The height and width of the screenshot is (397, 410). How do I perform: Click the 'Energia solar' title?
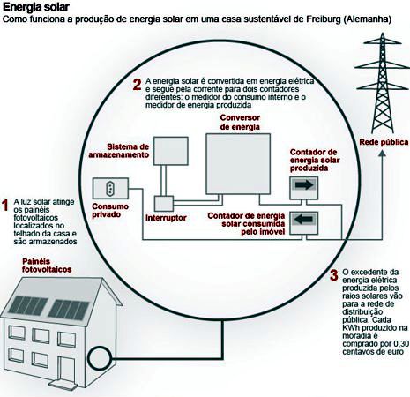[36, 7]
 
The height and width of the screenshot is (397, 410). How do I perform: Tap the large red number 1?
[4, 206]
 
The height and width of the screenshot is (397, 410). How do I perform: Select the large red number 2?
[137, 85]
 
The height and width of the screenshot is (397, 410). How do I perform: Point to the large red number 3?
[334, 275]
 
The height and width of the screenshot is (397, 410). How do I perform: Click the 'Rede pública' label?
[384, 142]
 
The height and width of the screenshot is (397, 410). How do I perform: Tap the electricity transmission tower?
[382, 83]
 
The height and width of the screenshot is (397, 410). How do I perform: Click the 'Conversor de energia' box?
[238, 164]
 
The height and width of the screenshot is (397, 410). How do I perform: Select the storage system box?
[171, 151]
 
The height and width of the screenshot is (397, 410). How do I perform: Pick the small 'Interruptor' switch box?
[164, 204]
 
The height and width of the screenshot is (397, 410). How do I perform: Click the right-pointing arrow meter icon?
[304, 188]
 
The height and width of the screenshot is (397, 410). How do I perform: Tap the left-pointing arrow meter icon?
[304, 223]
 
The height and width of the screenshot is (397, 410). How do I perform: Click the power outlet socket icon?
[110, 188]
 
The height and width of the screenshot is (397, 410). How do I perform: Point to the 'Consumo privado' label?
[110, 210]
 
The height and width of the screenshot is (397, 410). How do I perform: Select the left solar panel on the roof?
[28, 305]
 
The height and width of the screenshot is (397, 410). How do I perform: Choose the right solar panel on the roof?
[69, 310]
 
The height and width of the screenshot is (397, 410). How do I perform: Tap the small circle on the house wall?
[101, 358]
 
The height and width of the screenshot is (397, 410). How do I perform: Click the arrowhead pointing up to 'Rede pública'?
[383, 154]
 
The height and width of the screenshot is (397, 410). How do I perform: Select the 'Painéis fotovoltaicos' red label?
[47, 266]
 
